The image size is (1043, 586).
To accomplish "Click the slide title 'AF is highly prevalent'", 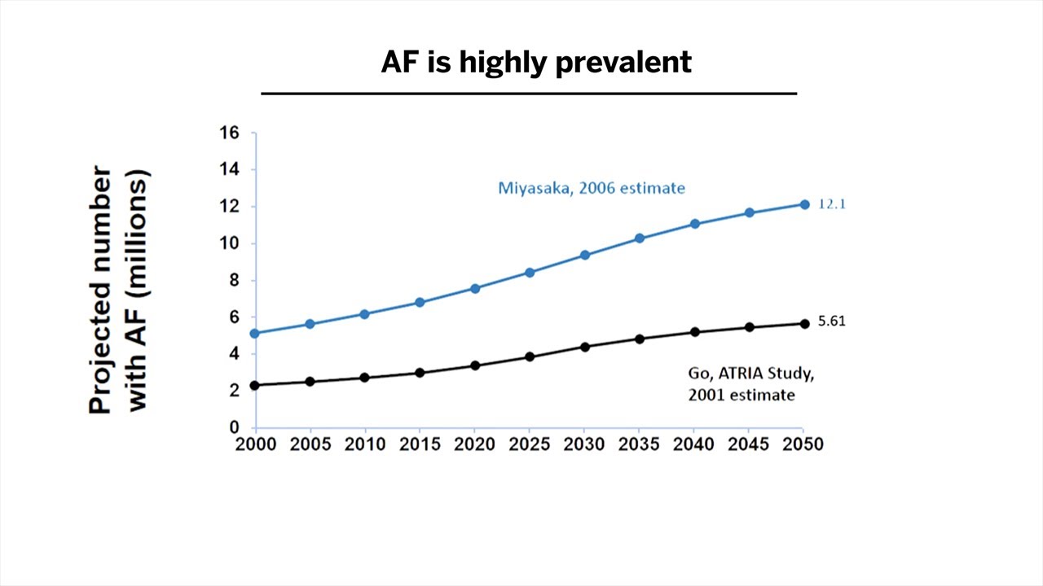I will tap(536, 62).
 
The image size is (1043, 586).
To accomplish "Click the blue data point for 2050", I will tap(803, 204).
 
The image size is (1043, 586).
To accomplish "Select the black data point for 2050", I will tap(803, 323).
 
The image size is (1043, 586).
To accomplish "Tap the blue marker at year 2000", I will tap(255, 333).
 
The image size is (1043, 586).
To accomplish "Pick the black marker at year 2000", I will tap(255, 385).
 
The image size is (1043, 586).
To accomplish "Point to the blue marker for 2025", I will tap(530, 273).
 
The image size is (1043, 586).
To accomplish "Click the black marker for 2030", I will tap(584, 347).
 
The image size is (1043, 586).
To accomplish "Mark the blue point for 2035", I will tap(640, 238).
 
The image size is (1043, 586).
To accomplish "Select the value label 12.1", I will tap(832, 204).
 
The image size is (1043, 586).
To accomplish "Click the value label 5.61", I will tap(832, 321).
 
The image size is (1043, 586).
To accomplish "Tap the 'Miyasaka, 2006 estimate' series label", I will tap(591, 188).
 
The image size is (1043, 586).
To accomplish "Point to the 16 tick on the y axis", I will tap(229, 133).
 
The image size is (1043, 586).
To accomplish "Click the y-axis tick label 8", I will tap(234, 280).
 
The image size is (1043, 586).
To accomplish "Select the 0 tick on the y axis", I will tap(234, 427).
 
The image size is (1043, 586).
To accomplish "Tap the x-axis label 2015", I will tap(420, 444).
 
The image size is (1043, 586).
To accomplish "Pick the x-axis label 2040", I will tap(693, 444).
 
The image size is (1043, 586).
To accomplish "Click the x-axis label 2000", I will tap(255, 444).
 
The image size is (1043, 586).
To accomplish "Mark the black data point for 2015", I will tap(420, 373).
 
